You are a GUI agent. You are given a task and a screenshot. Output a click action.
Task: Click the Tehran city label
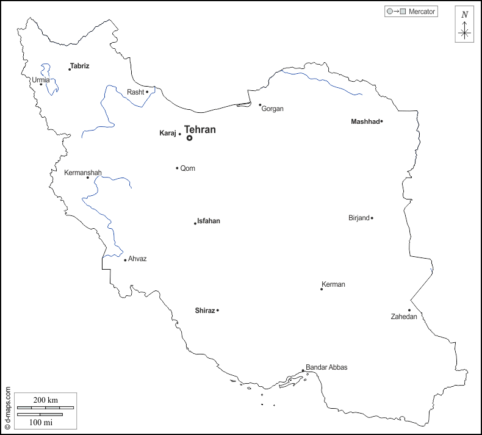coord(200,129)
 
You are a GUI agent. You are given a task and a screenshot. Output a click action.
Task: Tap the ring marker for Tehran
coord(189,138)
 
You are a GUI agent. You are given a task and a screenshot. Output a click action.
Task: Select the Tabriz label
coord(80,65)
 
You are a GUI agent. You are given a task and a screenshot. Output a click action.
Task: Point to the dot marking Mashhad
coord(381,121)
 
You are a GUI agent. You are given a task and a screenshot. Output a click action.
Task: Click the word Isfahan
coord(209,221)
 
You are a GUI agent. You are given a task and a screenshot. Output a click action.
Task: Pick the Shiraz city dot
coord(218,311)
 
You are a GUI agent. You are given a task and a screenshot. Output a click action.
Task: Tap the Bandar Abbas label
coord(326,367)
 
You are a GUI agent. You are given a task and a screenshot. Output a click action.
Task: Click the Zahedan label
coord(404,317)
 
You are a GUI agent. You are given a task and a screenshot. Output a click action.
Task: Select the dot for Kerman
coord(322,289)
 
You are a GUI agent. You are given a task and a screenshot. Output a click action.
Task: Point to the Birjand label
coord(359,218)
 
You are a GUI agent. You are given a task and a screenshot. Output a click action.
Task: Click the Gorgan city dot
coord(260,105)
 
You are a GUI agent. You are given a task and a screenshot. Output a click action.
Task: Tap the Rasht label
coord(135,92)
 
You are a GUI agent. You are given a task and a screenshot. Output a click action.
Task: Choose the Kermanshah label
coord(83,173)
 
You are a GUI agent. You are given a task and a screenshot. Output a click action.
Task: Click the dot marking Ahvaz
coord(125,261)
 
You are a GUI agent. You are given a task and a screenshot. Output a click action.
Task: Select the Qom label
coord(188,168)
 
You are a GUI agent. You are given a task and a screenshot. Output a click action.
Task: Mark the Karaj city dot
coord(180,134)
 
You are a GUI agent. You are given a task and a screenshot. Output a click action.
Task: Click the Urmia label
coord(41,80)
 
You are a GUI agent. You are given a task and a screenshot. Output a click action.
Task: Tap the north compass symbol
coord(465,25)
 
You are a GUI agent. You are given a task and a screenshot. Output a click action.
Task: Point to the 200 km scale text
coord(46,400)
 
